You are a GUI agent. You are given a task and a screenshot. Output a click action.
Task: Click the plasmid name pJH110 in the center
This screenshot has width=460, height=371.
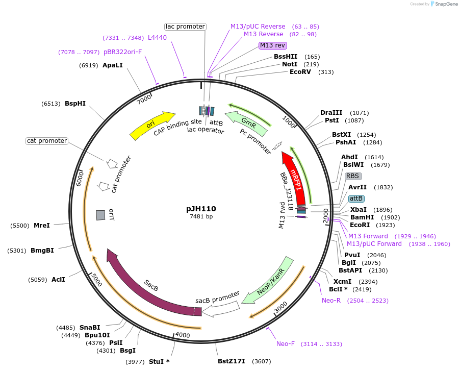201,209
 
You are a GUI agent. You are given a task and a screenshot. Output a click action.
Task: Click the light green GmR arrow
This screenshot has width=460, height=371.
248,120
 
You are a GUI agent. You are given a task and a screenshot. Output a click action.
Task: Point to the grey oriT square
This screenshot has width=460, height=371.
100,215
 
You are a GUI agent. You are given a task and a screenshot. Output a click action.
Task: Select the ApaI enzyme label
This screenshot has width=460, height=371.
113,65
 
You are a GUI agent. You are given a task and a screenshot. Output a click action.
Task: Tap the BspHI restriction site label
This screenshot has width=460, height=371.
75,104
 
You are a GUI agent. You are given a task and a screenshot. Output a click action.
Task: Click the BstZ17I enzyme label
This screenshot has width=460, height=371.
232,361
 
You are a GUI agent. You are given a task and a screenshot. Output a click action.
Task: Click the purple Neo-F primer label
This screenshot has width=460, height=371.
286,344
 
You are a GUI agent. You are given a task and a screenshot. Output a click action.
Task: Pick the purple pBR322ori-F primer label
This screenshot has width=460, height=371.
122,52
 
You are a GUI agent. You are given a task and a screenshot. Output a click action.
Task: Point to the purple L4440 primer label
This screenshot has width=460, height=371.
157,38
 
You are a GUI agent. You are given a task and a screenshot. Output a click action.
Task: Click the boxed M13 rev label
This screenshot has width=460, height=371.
272,45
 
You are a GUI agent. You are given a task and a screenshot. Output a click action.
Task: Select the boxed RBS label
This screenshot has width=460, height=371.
353,176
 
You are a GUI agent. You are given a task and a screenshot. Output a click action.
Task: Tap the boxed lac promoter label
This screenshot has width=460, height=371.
185,27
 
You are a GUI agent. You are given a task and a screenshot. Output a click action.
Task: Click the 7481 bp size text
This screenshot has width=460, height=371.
201,217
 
